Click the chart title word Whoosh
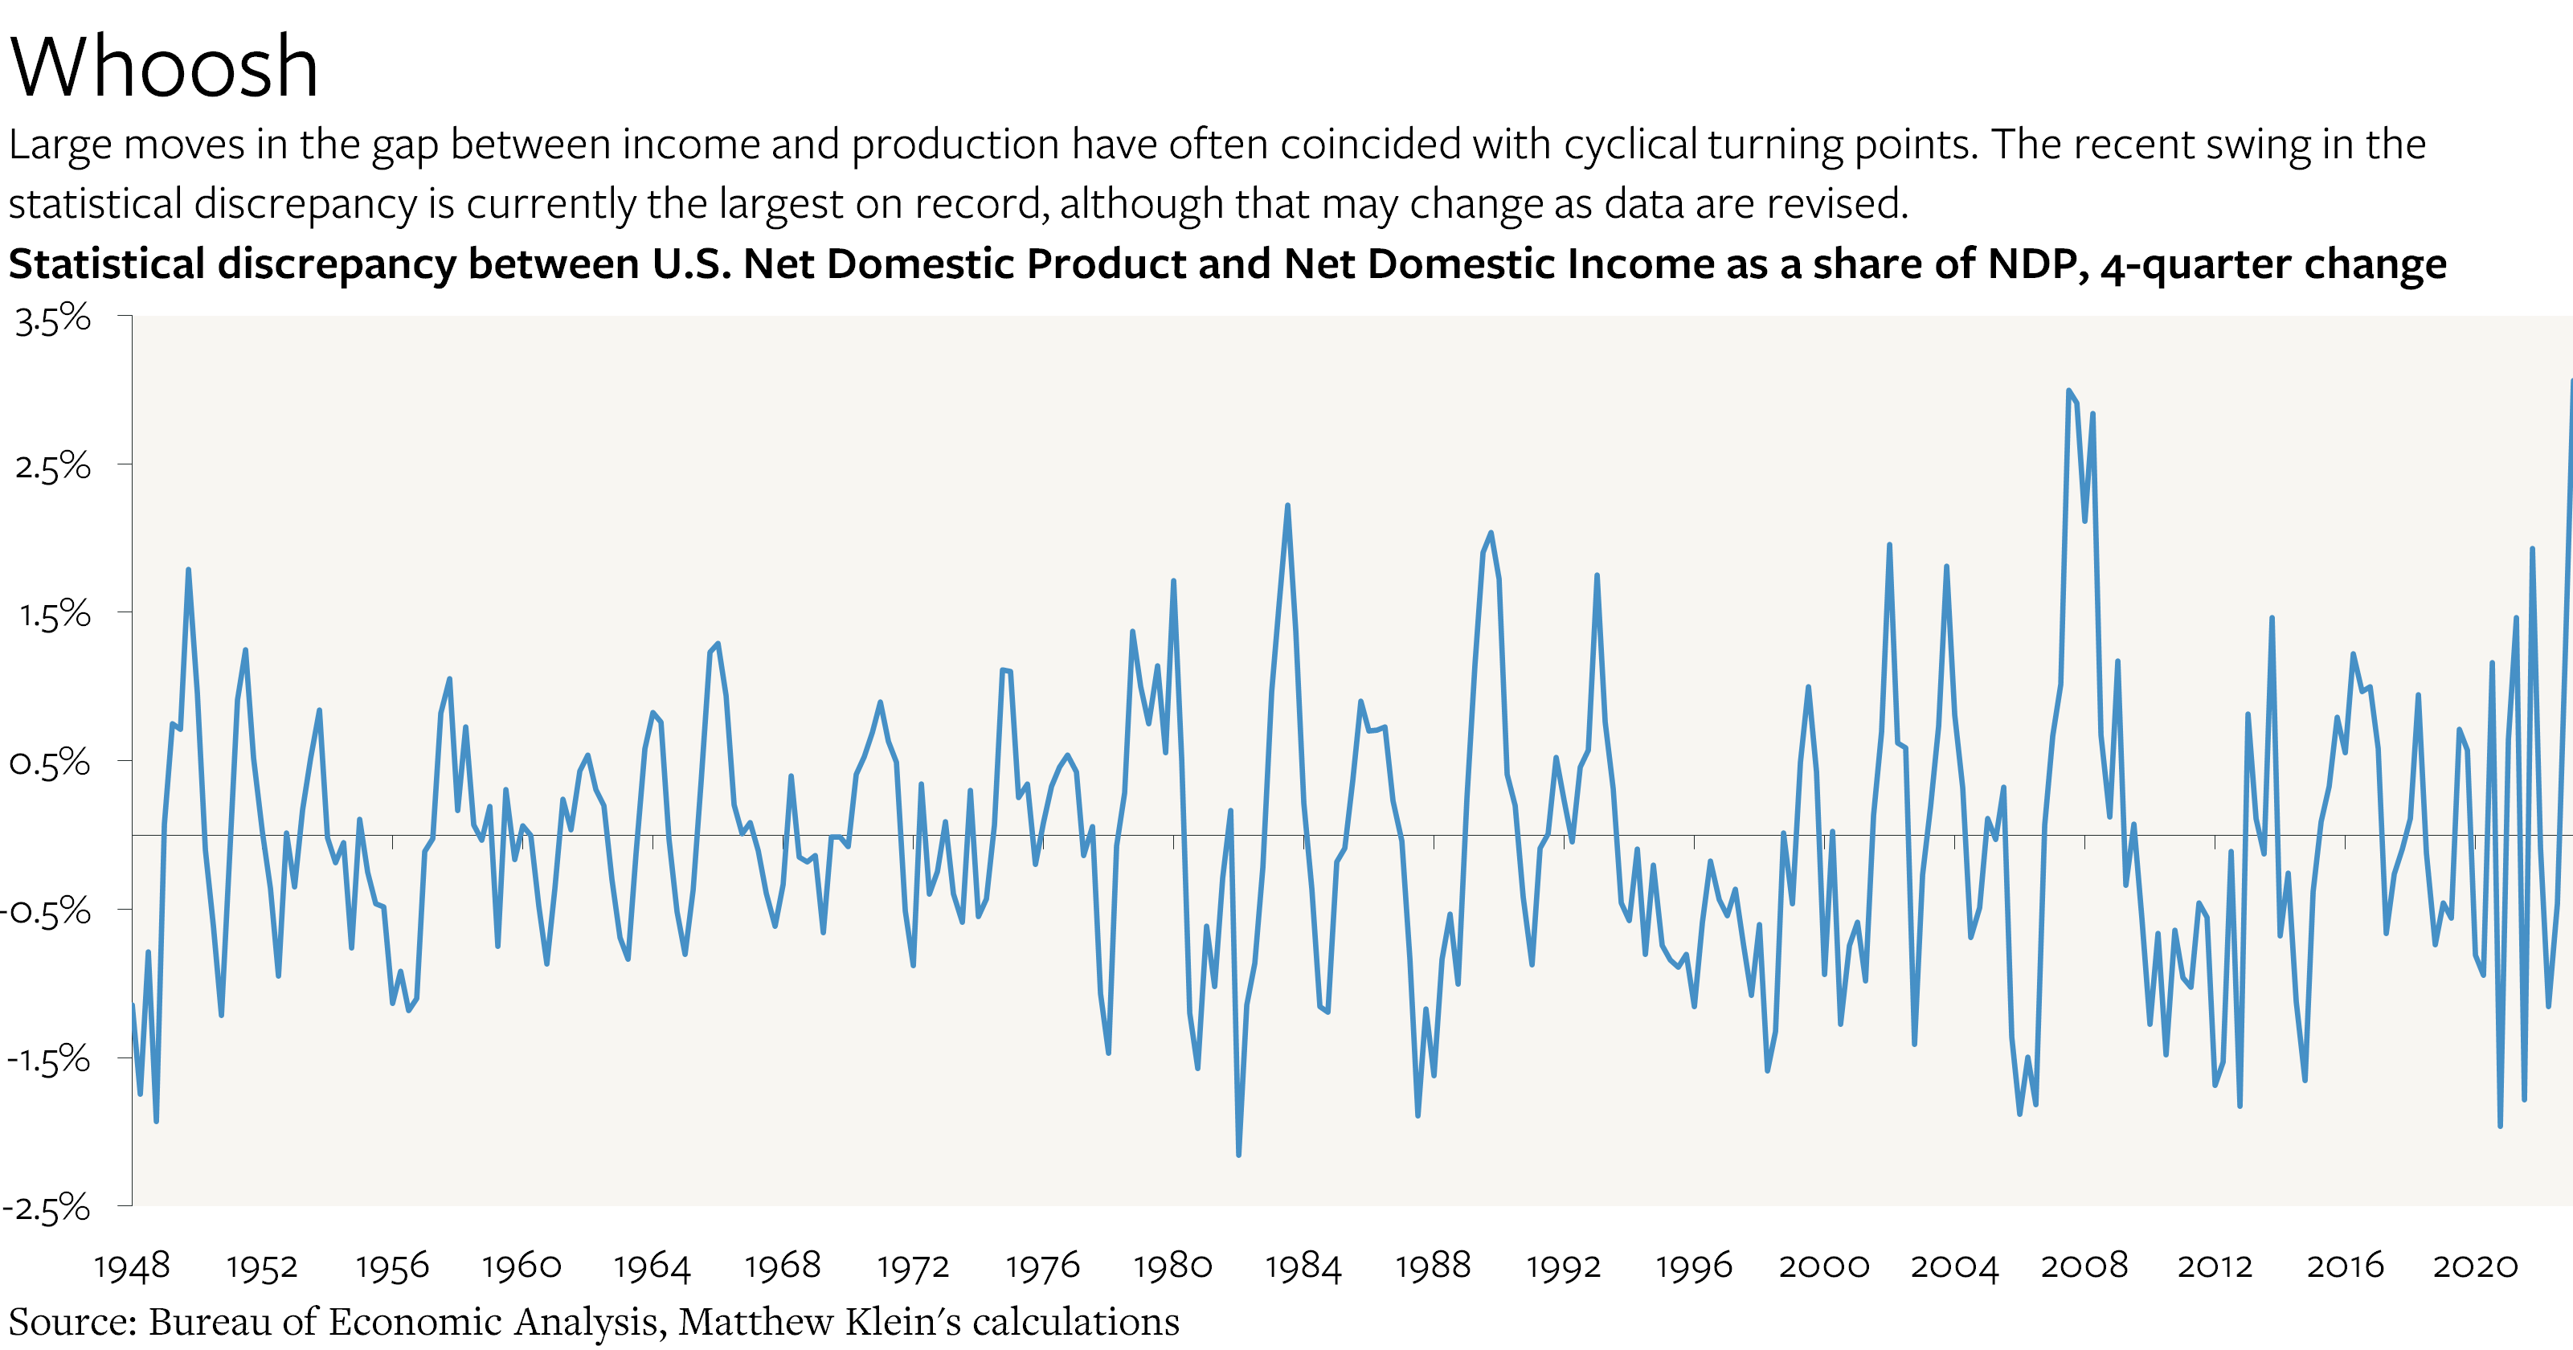pyautogui.click(x=164, y=67)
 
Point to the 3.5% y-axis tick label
pyautogui.click(x=53, y=320)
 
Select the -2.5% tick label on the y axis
pyautogui.click(x=47, y=1209)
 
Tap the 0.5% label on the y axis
pyautogui.click(x=50, y=764)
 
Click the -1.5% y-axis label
pyautogui.click(x=48, y=1059)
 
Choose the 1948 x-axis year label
pyautogui.click(x=132, y=1266)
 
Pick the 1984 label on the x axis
pyautogui.click(x=1303, y=1266)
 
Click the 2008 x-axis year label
pyautogui.click(x=2084, y=1266)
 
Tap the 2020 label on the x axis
pyautogui.click(x=2475, y=1266)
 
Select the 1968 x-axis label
pyautogui.click(x=782, y=1266)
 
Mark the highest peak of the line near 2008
pyautogui.click(x=2068, y=391)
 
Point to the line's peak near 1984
pyautogui.click(x=1287, y=505)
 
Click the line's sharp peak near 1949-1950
pyautogui.click(x=188, y=571)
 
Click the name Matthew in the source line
pyautogui.click(x=756, y=1322)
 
